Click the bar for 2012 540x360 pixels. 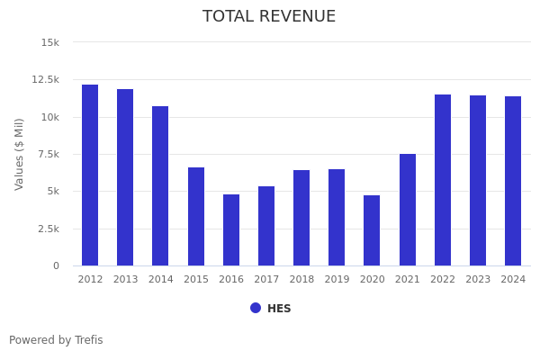[x=90, y=175]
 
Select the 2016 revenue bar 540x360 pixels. [x=231, y=230]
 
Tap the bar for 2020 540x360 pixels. [x=372, y=230]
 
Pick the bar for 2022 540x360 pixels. [x=443, y=180]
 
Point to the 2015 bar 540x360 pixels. [x=196, y=217]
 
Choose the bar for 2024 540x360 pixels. [x=513, y=181]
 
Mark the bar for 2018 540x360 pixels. [x=301, y=218]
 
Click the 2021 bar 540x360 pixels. [x=408, y=210]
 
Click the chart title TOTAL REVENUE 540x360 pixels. [x=269, y=17]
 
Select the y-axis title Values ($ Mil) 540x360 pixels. [x=20, y=154]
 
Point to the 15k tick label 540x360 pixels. [x=50, y=42]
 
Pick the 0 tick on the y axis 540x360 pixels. [x=56, y=266]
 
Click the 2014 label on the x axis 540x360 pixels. [x=160, y=280]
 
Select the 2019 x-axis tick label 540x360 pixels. [x=337, y=280]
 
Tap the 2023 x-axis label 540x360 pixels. [x=478, y=280]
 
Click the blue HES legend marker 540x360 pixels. [x=256, y=308]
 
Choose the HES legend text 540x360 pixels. [x=279, y=309]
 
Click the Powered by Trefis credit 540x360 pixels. [x=56, y=340]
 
